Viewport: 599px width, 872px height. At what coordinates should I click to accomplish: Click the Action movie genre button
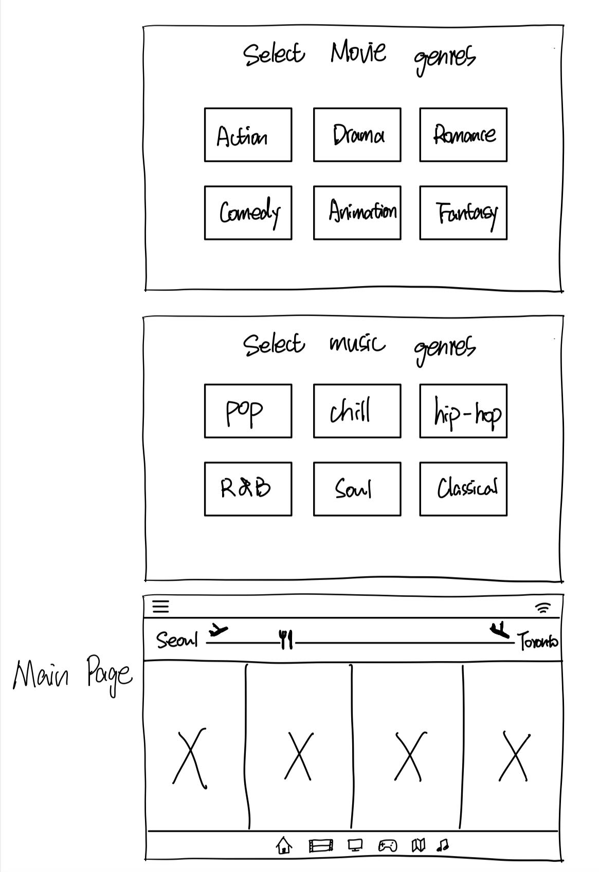click(x=248, y=135)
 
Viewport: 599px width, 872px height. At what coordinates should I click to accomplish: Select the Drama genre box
click(x=357, y=135)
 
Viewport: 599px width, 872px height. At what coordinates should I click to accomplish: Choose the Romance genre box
click(x=463, y=135)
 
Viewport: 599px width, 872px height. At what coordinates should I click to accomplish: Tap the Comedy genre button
click(x=248, y=213)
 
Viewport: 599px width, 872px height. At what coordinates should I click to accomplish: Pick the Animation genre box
click(x=357, y=213)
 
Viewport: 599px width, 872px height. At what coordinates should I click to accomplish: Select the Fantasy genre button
click(x=463, y=213)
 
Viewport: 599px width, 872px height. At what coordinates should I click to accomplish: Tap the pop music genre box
click(x=248, y=411)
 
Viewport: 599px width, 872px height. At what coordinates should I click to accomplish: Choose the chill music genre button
click(x=357, y=411)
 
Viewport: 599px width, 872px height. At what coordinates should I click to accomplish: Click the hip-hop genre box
click(x=463, y=411)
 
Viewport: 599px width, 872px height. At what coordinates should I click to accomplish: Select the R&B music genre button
click(x=248, y=489)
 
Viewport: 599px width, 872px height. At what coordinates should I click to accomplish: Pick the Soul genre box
click(x=357, y=489)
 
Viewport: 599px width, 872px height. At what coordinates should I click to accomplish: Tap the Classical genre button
click(x=463, y=489)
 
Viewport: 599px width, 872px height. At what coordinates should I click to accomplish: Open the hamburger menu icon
click(x=161, y=607)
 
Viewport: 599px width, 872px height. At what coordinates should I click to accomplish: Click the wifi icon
click(x=543, y=608)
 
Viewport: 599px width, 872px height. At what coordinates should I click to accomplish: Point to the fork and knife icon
click(x=286, y=639)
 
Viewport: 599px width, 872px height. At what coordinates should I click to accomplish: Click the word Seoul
click(x=177, y=640)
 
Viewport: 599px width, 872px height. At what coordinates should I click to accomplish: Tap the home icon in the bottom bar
click(x=284, y=845)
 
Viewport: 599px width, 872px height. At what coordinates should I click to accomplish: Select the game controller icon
click(x=387, y=845)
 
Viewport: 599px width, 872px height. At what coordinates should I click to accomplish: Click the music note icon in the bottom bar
click(x=442, y=845)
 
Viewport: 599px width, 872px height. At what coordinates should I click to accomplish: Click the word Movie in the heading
click(x=358, y=52)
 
